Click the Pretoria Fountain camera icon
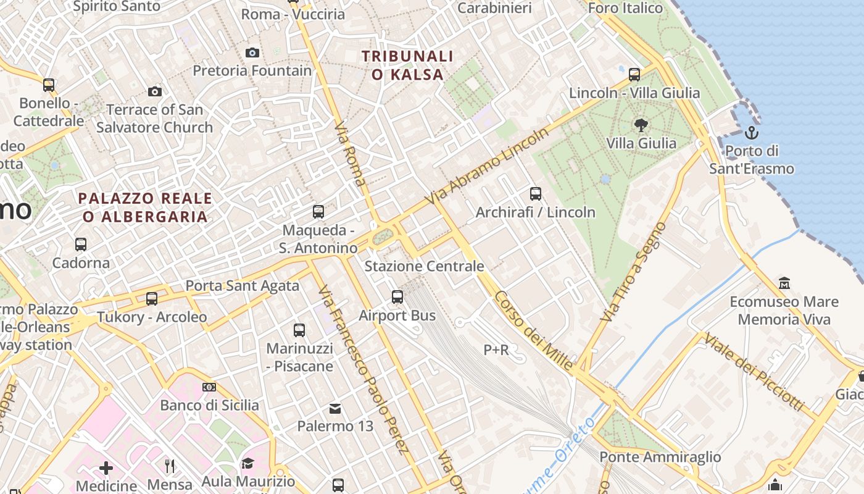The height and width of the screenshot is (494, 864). pos(252,53)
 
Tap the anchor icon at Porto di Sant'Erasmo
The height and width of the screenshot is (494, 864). pos(751,132)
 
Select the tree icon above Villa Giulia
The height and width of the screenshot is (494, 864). pos(641,125)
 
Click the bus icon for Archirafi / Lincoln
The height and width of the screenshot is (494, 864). pos(536,194)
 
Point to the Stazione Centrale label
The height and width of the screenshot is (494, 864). pos(424,266)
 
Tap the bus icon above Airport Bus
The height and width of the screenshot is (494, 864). pos(397,297)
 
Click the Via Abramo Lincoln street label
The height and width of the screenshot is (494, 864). pos(487,167)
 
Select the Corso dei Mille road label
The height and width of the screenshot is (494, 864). pos(534,330)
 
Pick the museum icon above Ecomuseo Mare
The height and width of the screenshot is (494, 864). pos(784,283)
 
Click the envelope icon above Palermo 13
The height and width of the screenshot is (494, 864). pos(335,408)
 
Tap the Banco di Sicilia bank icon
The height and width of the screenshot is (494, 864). pos(209,387)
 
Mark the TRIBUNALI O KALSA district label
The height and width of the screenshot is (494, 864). pos(407,65)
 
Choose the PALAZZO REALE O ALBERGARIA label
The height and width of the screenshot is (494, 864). pos(146,207)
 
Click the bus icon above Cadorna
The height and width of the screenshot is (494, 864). pos(81,245)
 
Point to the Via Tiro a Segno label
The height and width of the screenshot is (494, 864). pos(633,272)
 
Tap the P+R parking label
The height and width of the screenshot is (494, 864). pos(496,350)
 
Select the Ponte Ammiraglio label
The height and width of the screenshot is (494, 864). pos(660,457)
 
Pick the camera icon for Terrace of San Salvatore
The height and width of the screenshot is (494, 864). pos(155,92)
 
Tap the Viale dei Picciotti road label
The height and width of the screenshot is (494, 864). pos(754,372)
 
